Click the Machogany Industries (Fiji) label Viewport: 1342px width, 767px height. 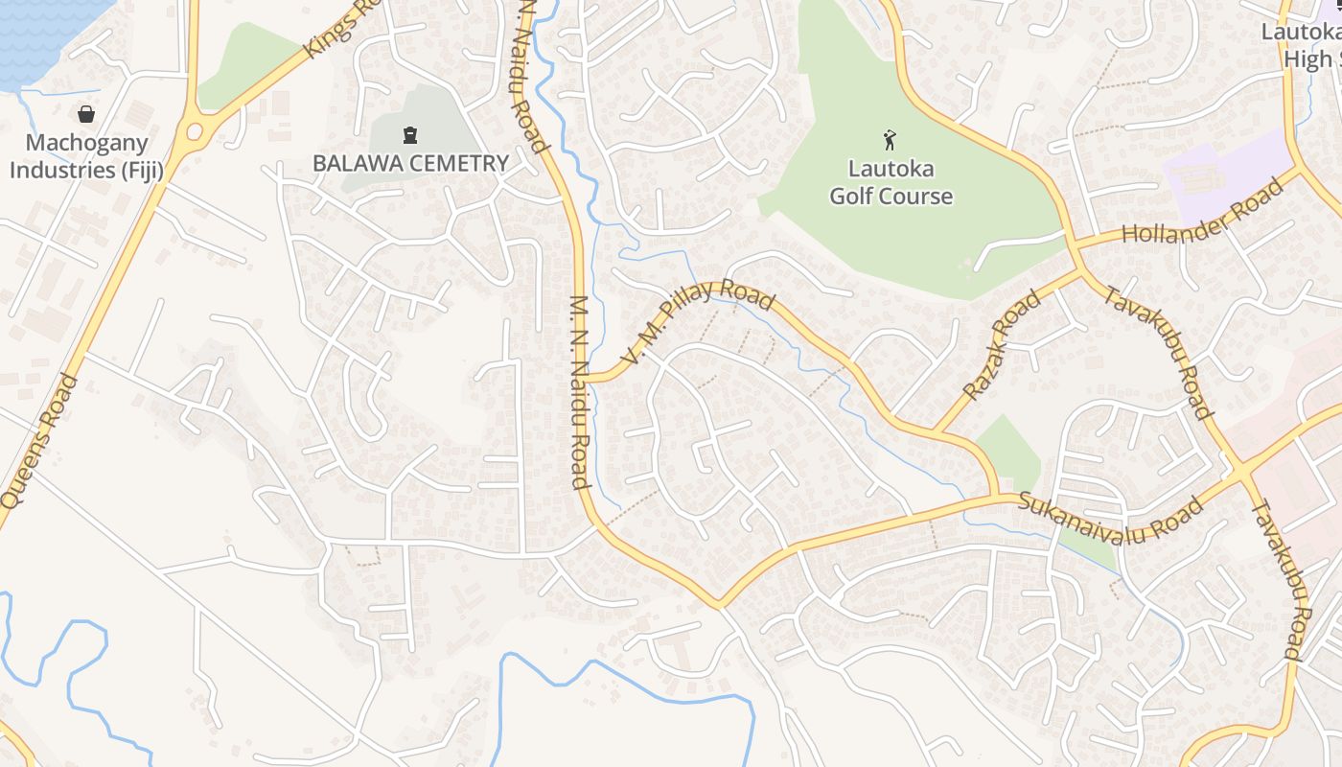point(86,157)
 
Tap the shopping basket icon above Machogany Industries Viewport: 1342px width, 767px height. point(86,114)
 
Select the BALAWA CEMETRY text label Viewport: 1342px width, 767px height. point(410,163)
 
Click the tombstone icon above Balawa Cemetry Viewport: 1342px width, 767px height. point(410,134)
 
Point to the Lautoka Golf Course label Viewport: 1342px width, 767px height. point(891,183)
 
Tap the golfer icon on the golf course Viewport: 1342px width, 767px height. point(891,140)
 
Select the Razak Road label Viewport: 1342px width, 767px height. point(1003,345)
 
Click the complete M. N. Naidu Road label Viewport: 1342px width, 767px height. point(579,392)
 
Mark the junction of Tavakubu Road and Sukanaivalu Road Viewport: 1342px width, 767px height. point(1242,473)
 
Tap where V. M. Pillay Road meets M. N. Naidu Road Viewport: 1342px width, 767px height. point(587,378)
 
